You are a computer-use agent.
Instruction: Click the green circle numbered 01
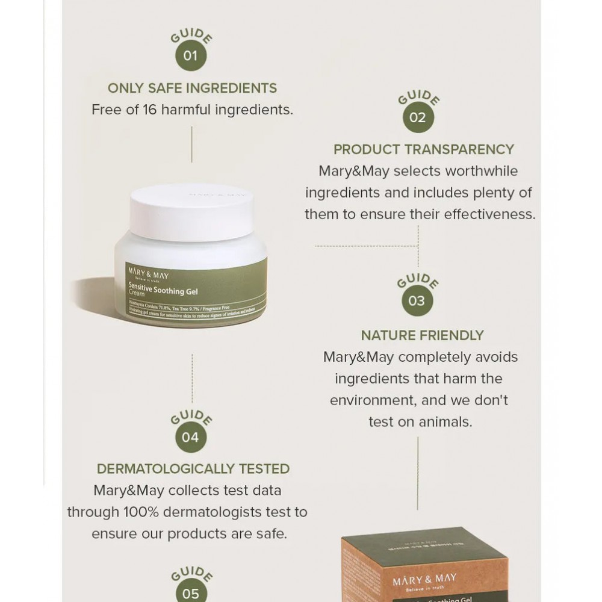point(191,57)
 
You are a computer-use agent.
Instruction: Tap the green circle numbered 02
point(418,117)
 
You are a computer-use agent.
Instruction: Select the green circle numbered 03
point(417,301)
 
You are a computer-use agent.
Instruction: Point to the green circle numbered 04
point(190,437)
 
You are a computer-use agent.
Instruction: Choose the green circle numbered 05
point(190,593)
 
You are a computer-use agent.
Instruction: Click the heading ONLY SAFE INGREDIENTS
point(192,88)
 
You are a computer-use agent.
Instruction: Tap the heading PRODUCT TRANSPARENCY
point(424,149)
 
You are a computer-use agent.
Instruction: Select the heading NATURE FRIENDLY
point(422,335)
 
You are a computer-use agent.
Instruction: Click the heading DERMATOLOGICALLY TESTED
point(193,469)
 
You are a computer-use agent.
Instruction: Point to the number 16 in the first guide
point(150,110)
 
